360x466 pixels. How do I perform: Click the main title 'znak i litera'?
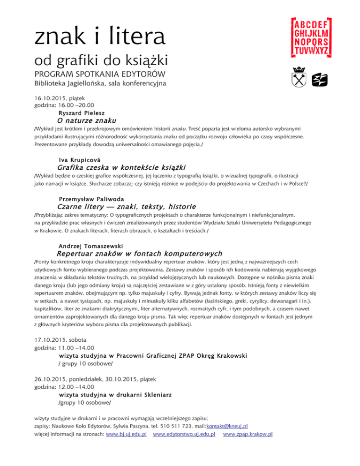(x=99, y=37)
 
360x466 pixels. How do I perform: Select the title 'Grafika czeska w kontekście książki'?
(x=121, y=167)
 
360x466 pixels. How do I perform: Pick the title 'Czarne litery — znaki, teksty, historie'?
(x=126, y=206)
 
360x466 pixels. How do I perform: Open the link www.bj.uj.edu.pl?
(x=127, y=434)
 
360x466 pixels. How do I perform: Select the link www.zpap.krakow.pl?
(x=248, y=434)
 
